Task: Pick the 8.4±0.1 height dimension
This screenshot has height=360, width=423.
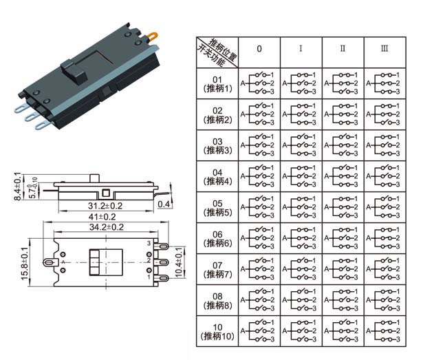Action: tap(18, 187)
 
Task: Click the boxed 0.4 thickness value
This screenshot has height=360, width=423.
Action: tap(164, 204)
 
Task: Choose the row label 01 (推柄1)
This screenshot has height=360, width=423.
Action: tap(217, 83)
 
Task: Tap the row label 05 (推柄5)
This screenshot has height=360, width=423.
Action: tap(217, 207)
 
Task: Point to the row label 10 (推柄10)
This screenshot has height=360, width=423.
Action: tap(217, 331)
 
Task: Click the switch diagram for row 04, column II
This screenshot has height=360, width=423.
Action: tap(342, 176)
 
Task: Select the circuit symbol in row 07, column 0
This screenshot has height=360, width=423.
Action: tap(259, 269)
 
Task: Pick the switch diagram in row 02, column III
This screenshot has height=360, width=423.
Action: tap(384, 114)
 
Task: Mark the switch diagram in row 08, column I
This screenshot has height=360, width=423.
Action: tap(301, 300)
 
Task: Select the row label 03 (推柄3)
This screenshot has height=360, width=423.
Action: tap(217, 145)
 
